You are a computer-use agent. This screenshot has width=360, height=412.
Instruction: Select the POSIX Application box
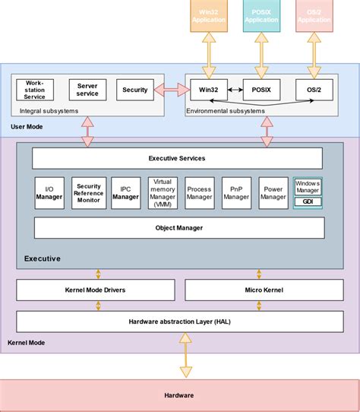click(262, 15)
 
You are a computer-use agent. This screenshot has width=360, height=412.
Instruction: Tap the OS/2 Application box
click(314, 15)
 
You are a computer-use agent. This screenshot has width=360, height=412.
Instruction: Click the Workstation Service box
click(35, 90)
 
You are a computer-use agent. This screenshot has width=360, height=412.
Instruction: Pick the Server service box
click(87, 90)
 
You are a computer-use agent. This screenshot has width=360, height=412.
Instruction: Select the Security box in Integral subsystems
click(134, 90)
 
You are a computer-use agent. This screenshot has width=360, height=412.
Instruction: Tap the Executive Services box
click(176, 158)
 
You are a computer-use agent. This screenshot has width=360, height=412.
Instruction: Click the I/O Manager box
click(49, 192)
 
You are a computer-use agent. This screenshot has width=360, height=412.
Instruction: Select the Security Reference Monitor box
click(88, 192)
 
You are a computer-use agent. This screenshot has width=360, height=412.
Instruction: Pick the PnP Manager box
click(236, 192)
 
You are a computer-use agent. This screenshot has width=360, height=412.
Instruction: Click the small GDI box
click(308, 202)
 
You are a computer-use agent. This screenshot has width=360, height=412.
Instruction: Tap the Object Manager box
click(176, 227)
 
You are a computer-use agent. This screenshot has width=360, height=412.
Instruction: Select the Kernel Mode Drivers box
click(95, 290)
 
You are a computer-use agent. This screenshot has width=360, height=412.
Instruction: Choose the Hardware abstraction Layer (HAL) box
click(176, 322)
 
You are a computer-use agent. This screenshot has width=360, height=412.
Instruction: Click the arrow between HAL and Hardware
click(185, 357)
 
